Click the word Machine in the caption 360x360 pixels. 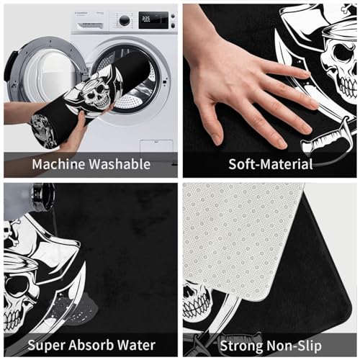[58, 164]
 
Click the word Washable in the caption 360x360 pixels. [120, 164]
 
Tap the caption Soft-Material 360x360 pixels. [271, 164]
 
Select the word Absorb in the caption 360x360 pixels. [91, 345]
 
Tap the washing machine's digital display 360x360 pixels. [153, 19]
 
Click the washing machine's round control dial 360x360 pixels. [125, 20]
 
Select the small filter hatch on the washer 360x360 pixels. [156, 146]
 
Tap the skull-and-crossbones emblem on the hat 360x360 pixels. [11, 232]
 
